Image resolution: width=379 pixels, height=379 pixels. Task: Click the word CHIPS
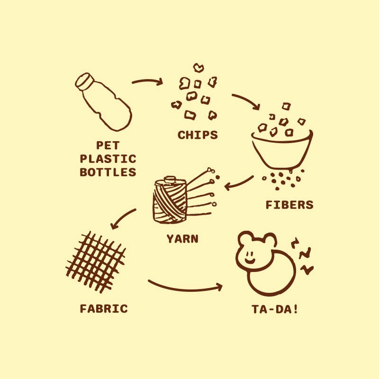(198, 135)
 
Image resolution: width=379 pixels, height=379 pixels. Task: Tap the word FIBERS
(289, 205)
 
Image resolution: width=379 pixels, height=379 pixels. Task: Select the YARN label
(182, 239)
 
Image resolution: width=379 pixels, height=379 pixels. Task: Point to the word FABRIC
(104, 309)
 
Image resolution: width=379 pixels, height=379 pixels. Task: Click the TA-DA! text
(275, 309)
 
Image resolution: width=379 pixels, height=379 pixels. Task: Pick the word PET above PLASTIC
(108, 145)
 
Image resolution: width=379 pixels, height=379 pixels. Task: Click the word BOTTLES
(108, 172)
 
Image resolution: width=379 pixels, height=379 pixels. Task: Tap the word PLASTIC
(108, 159)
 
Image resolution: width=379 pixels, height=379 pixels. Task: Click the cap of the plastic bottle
(84, 81)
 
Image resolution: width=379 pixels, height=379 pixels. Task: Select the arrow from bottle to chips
(147, 81)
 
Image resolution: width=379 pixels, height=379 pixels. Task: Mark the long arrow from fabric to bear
(185, 289)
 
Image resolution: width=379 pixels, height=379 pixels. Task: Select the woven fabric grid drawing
(96, 262)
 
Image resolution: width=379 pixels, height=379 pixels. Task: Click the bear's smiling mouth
(250, 261)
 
